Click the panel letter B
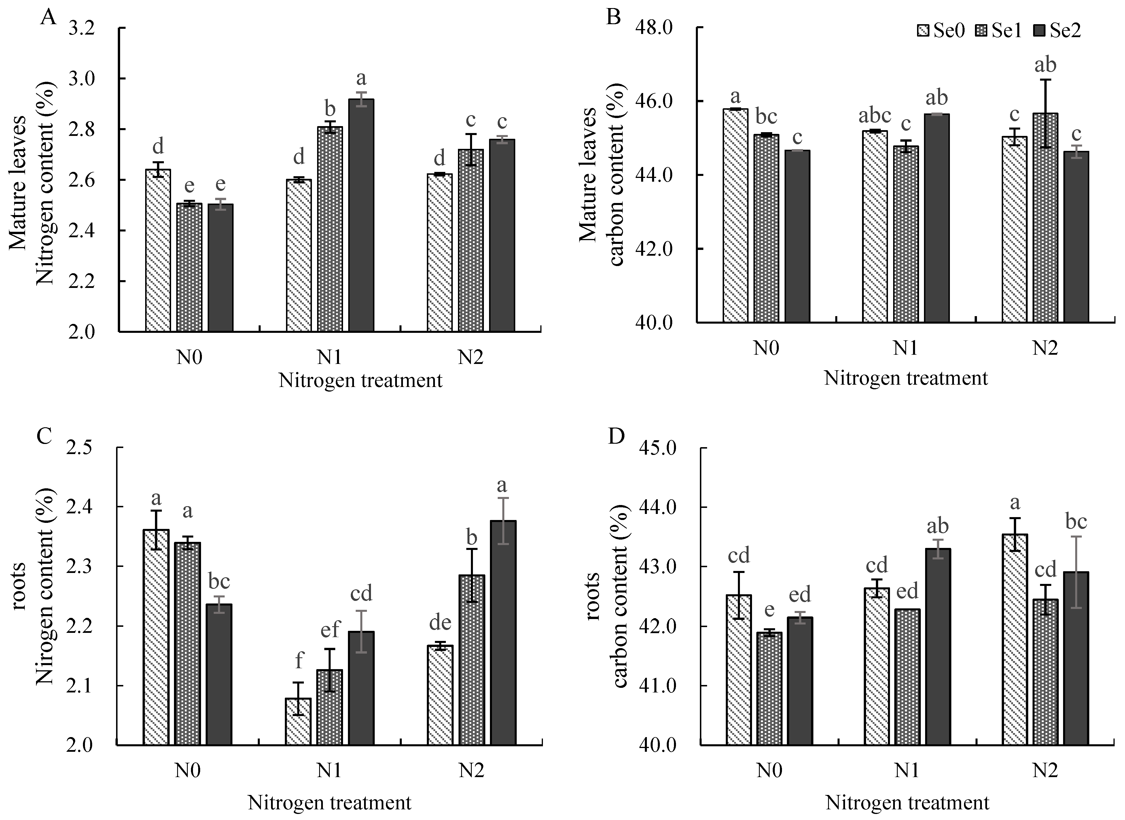pyautogui.click(x=614, y=17)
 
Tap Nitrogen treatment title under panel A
pyautogui.click(x=360, y=381)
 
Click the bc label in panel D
pyautogui.click(x=1076, y=521)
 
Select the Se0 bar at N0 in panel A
pyautogui.click(x=158, y=250)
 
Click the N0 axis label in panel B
pyautogui.click(x=766, y=348)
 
